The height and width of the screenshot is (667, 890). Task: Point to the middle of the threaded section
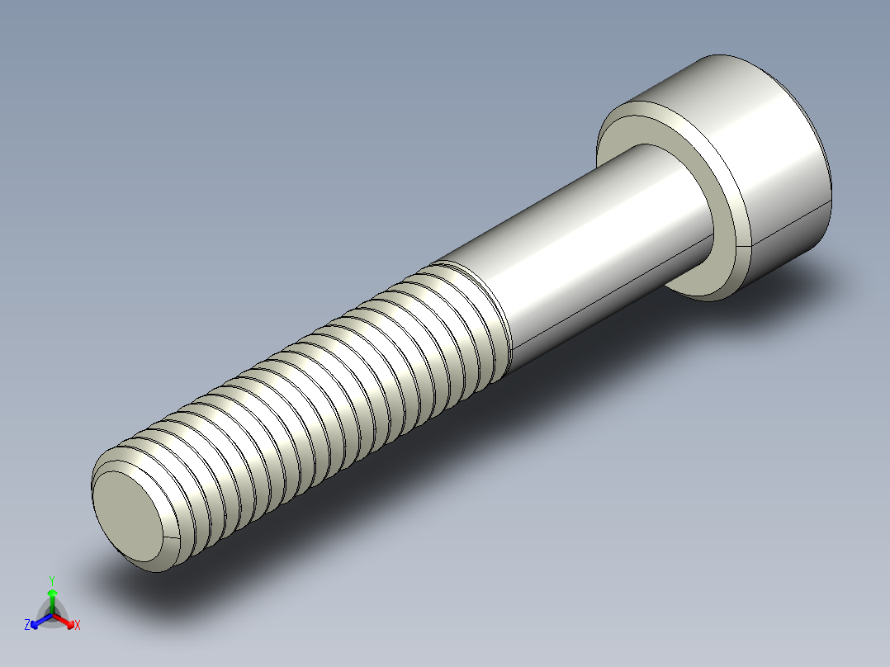[314, 388]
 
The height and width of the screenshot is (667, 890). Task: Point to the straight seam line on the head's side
[788, 225]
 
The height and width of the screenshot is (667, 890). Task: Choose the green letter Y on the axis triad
[51, 580]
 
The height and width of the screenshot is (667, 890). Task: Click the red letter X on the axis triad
[78, 626]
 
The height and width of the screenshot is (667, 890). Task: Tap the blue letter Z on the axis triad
[27, 626]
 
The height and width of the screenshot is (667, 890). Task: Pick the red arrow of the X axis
[66, 619]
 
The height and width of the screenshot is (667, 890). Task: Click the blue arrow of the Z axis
[38, 620]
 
